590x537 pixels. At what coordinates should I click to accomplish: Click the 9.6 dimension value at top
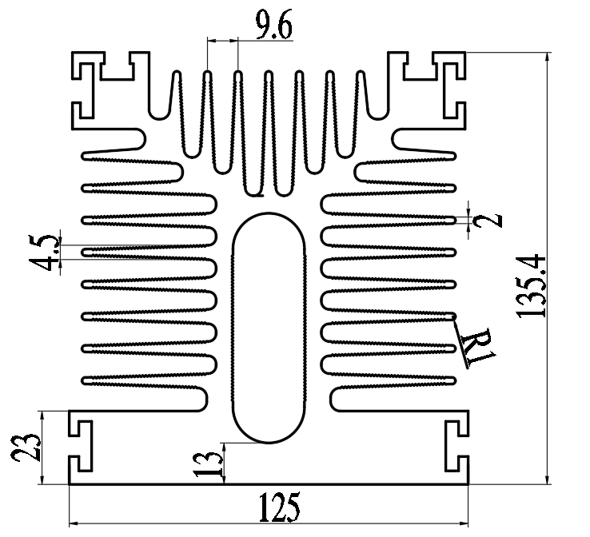pyautogui.click(x=273, y=26)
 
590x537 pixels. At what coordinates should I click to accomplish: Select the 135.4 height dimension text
pyautogui.click(x=530, y=286)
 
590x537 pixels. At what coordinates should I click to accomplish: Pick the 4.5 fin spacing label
pyautogui.click(x=47, y=253)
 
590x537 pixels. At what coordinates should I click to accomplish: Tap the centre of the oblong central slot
pyautogui.click(x=269, y=328)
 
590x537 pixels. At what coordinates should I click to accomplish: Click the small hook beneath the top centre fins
pyautogui.click(x=255, y=192)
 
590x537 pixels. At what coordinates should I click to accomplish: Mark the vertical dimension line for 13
pyautogui.click(x=225, y=463)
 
